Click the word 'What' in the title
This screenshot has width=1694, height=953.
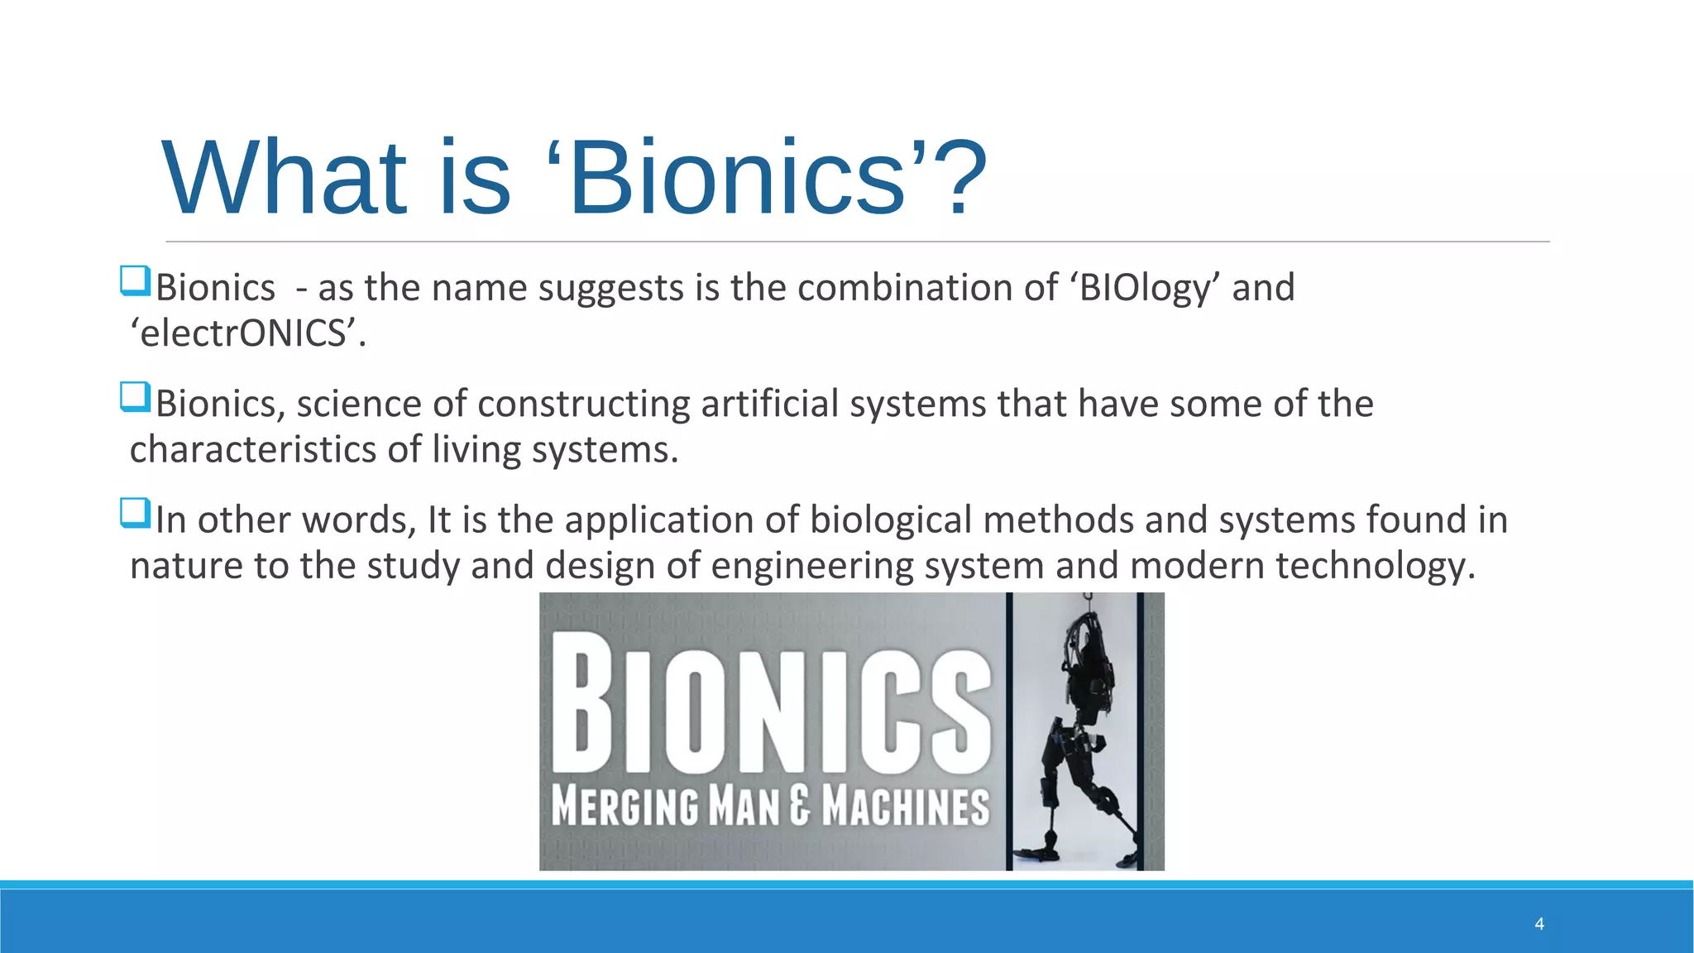285,178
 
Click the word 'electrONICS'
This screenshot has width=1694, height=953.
246,334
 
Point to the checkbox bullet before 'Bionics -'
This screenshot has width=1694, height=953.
135,281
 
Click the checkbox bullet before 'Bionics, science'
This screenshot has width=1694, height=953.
135,397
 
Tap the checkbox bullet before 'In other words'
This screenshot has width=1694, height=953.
135,513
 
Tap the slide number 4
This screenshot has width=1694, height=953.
1538,924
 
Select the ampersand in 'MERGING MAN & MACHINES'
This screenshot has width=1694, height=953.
799,806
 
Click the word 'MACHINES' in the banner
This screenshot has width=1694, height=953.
906,806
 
